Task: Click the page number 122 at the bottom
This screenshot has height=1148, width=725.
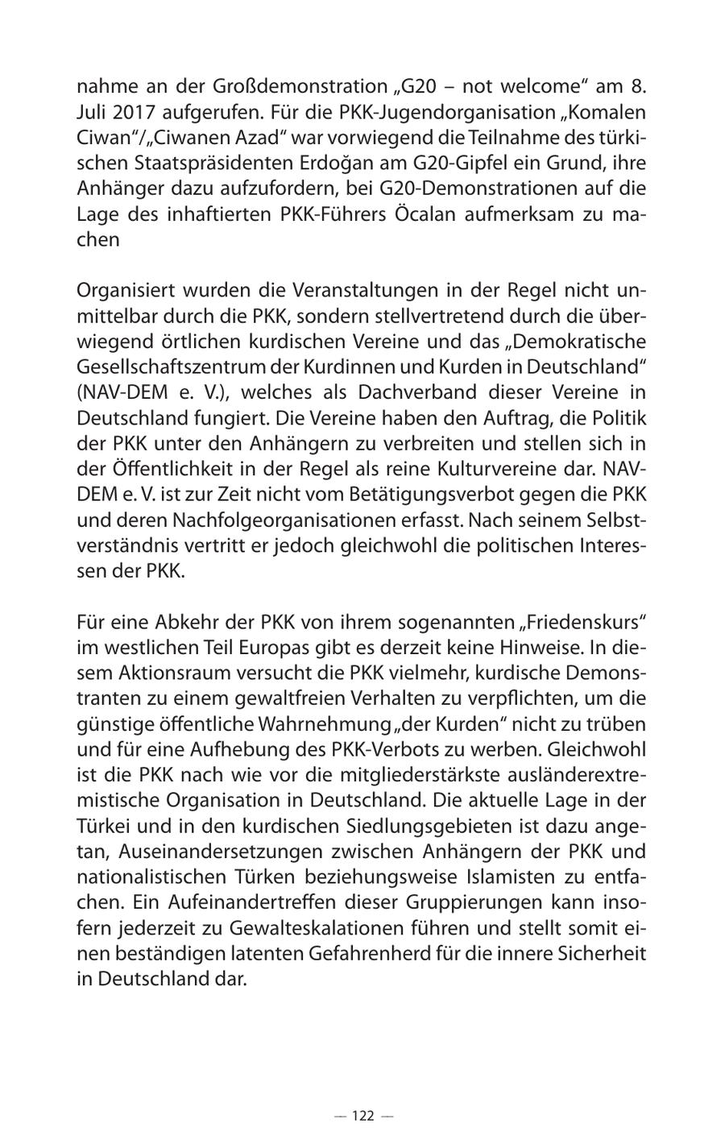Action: [x=362, y=1116]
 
